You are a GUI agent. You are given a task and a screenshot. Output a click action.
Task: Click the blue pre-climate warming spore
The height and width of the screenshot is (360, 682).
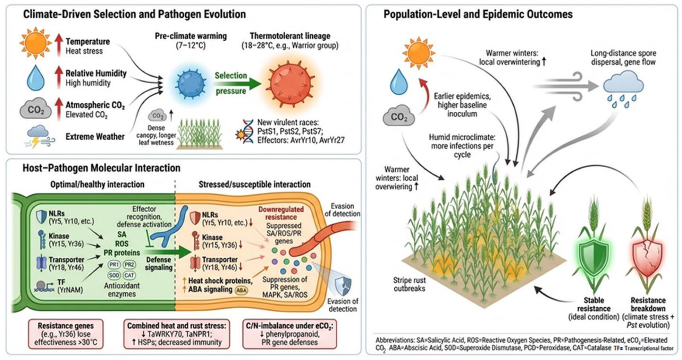[x=191, y=84]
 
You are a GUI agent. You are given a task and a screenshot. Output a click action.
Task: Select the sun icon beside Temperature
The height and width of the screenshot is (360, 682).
[x=35, y=43]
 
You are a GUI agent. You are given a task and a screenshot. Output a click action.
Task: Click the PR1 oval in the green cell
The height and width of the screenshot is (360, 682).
[x=114, y=265]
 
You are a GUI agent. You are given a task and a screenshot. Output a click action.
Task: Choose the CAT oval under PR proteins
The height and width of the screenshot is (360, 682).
[x=129, y=275]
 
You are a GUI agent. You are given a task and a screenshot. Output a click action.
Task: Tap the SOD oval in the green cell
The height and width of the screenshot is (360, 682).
[x=114, y=275]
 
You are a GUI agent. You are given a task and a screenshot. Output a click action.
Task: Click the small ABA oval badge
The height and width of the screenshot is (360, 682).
[x=242, y=290]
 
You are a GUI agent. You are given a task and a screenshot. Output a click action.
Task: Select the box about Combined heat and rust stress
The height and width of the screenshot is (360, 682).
[x=177, y=334]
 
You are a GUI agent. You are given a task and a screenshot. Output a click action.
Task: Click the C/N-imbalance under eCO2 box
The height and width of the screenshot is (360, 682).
[x=289, y=334]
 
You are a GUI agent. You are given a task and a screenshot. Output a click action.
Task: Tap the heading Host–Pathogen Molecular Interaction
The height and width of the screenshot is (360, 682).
[x=101, y=168]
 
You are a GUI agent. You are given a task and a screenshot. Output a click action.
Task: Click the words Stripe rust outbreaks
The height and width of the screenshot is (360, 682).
[x=409, y=284]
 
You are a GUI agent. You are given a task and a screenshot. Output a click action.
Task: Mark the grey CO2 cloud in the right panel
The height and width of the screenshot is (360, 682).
[x=399, y=116]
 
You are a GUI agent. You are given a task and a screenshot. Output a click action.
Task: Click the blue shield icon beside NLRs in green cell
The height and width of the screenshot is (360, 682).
[x=42, y=216]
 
